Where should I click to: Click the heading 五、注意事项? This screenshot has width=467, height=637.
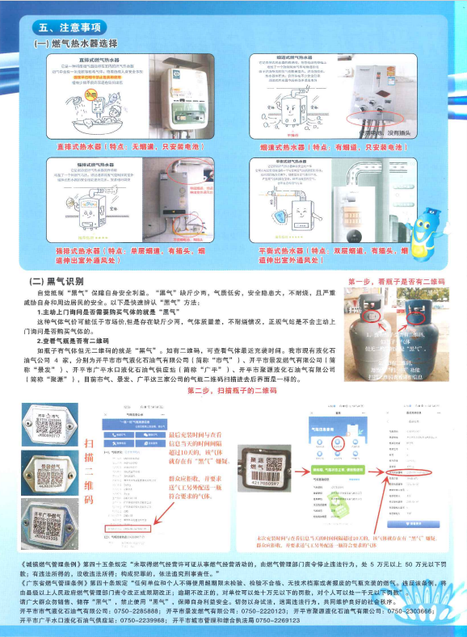point(67,27)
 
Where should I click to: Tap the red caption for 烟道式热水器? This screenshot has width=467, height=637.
point(331,148)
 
